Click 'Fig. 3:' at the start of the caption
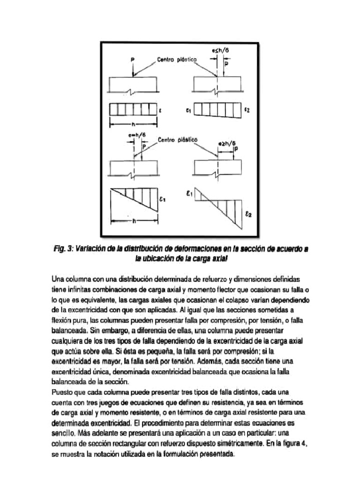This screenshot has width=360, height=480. click(x=63, y=249)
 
